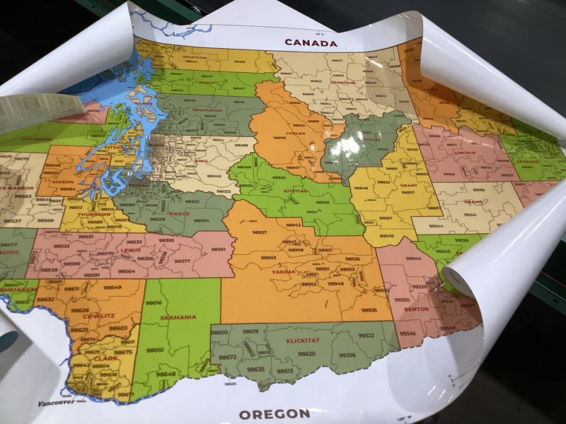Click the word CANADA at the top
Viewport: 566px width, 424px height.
coord(311,42)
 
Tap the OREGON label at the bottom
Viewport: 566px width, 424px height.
coord(274,413)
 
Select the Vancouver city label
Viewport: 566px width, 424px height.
coord(56,404)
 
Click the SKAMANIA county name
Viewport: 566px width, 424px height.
coord(178,317)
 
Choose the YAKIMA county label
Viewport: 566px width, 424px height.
coord(283,271)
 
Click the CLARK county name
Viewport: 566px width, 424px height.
coord(105,358)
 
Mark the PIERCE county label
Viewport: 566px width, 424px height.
coord(179,213)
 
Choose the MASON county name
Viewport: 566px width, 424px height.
coord(63,182)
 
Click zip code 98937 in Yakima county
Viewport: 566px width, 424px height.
coord(259,232)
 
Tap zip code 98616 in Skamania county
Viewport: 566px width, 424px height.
coord(154,303)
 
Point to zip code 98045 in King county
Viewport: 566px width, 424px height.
coord(214,176)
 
